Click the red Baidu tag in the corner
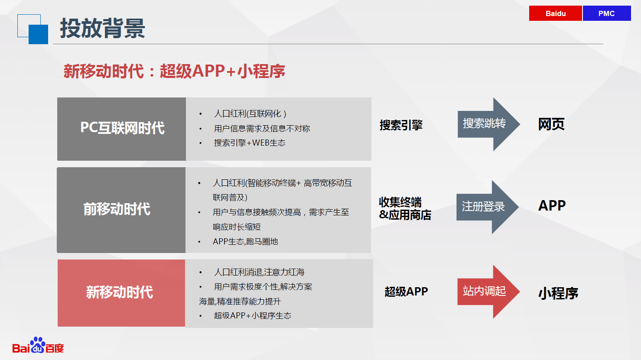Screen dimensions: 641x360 555,13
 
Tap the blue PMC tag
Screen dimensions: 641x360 607,13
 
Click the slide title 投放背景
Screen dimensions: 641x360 102,28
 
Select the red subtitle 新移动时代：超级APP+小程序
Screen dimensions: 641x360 174,71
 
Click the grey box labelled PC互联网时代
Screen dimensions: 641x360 122,129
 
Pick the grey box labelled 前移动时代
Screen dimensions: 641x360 121,210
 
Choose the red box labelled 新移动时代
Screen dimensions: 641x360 121,293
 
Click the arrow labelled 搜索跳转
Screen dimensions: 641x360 488,124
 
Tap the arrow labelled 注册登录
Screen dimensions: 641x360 487,207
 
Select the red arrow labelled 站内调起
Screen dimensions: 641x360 488,292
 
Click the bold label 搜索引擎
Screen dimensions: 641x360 401,125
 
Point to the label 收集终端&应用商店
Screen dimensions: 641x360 405,208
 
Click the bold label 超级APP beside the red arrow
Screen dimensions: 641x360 406,292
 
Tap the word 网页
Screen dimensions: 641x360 551,124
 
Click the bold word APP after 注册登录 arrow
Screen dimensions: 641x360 552,206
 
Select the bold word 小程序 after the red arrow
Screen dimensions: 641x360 558,293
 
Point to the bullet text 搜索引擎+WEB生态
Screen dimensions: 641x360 250,143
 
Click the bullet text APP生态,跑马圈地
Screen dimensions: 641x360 245,242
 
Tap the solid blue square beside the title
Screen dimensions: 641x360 38,34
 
